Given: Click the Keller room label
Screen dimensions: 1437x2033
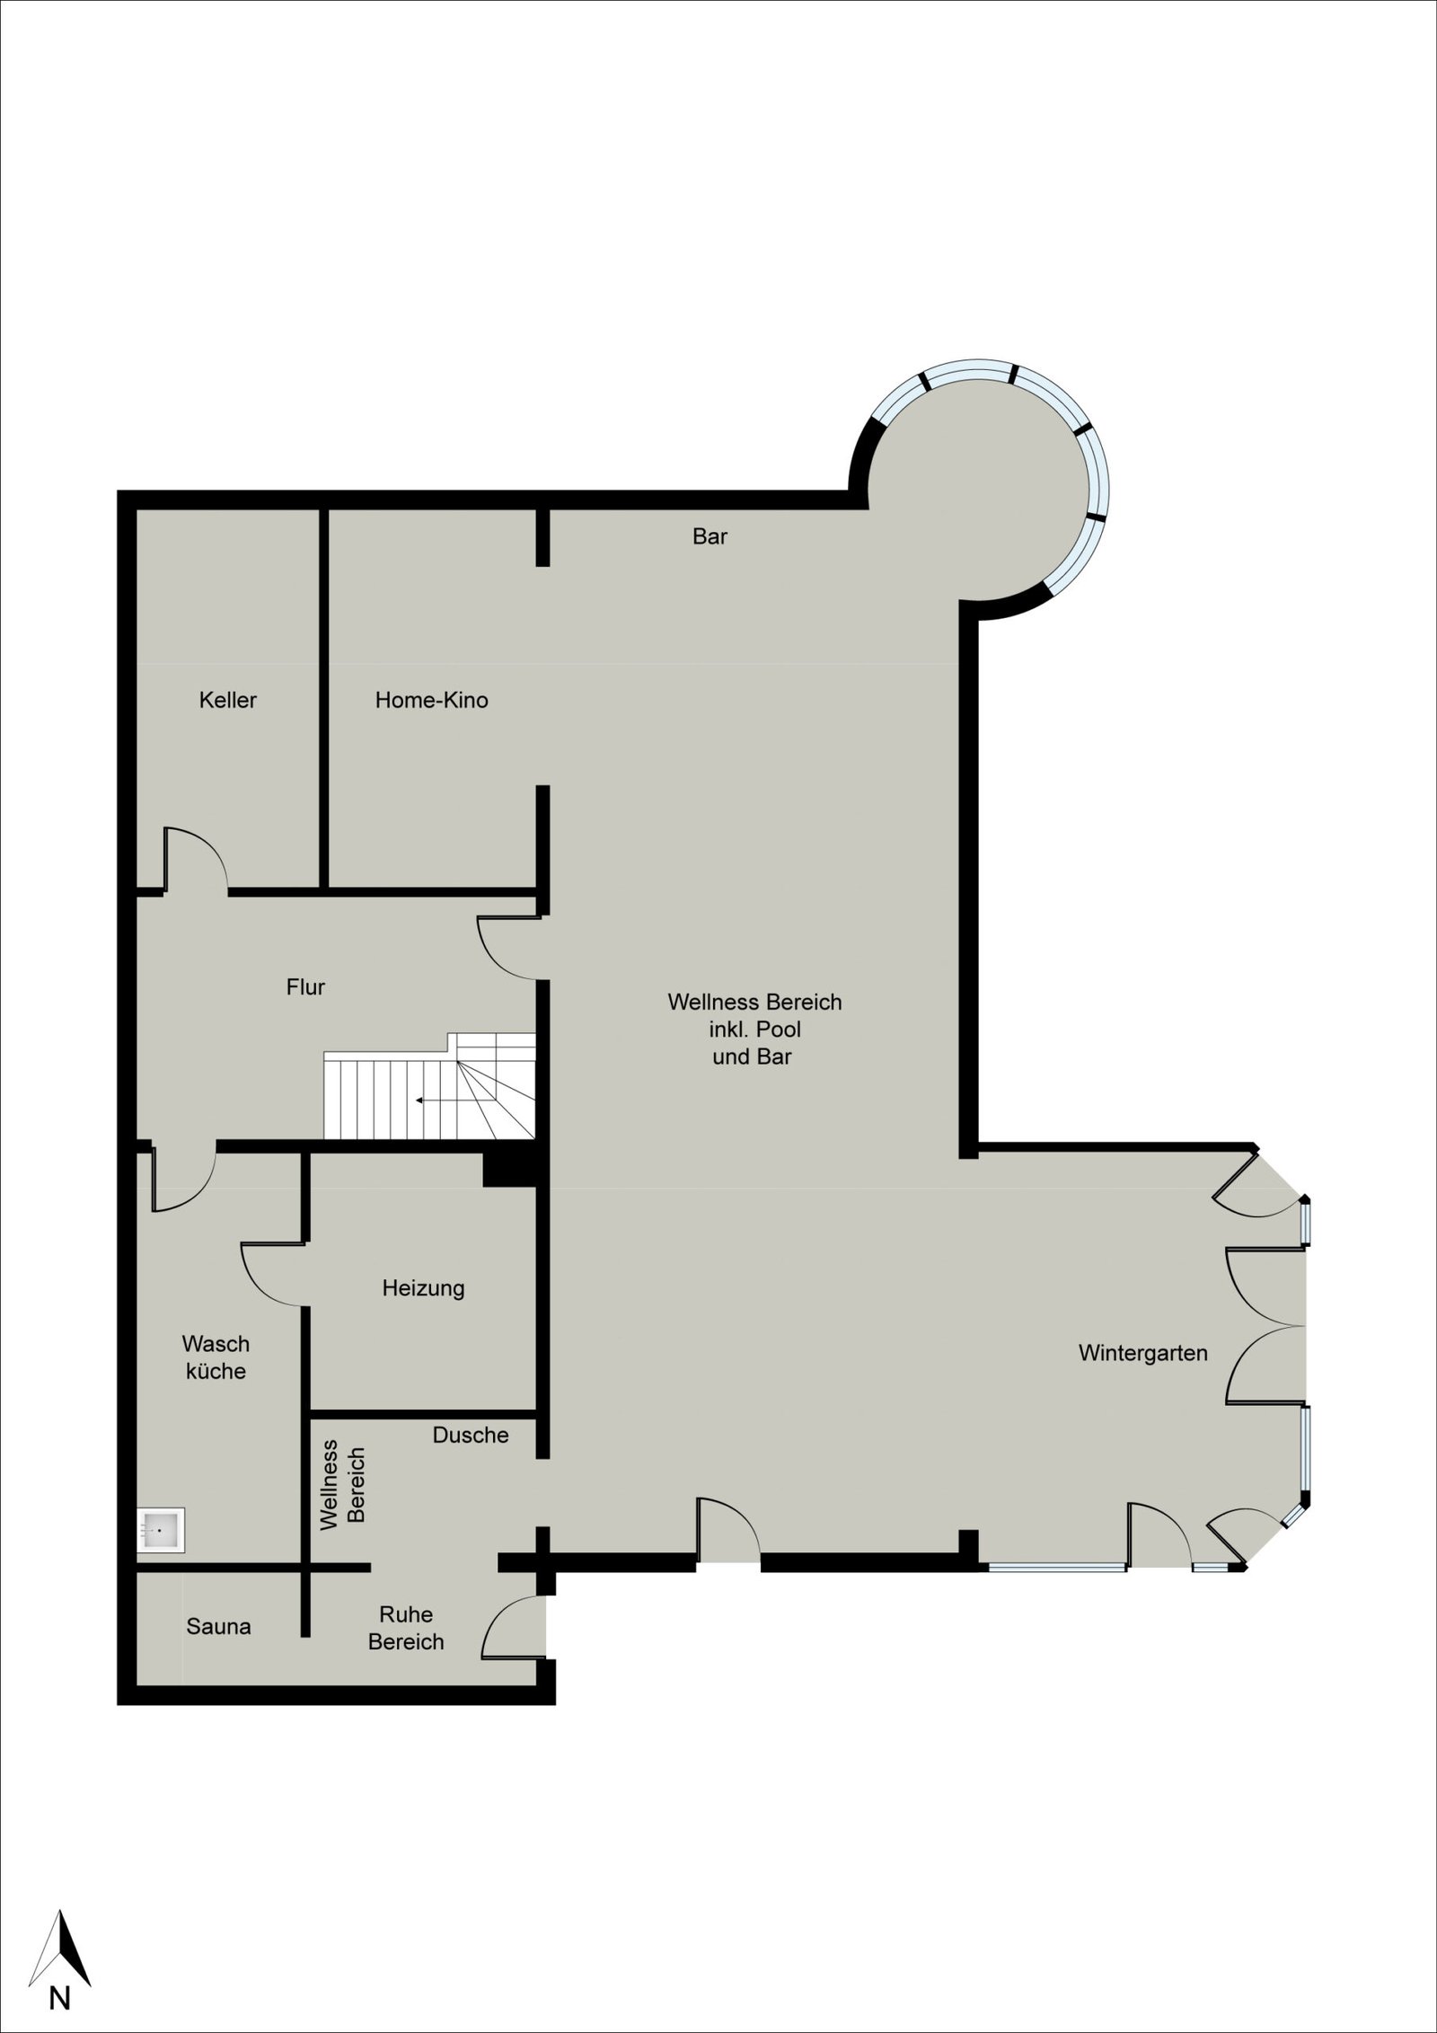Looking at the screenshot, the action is (228, 700).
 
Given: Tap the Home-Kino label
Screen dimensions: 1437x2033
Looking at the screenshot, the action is (431, 700).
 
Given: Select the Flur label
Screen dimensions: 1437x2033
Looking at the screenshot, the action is (305, 987).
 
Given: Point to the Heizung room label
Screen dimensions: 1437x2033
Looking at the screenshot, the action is (423, 1288).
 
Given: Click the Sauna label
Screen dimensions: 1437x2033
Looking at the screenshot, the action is (218, 1626).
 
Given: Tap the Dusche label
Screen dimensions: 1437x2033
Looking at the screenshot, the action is (471, 1436).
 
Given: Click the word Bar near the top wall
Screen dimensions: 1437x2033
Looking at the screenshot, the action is (710, 536).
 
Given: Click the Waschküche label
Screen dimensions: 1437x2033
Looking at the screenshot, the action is (216, 1357).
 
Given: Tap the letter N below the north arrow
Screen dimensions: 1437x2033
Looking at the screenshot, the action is (59, 1969).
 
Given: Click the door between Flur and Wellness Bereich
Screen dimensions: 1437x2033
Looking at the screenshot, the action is (509, 948).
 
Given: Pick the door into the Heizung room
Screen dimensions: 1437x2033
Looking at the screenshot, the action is (275, 1274).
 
